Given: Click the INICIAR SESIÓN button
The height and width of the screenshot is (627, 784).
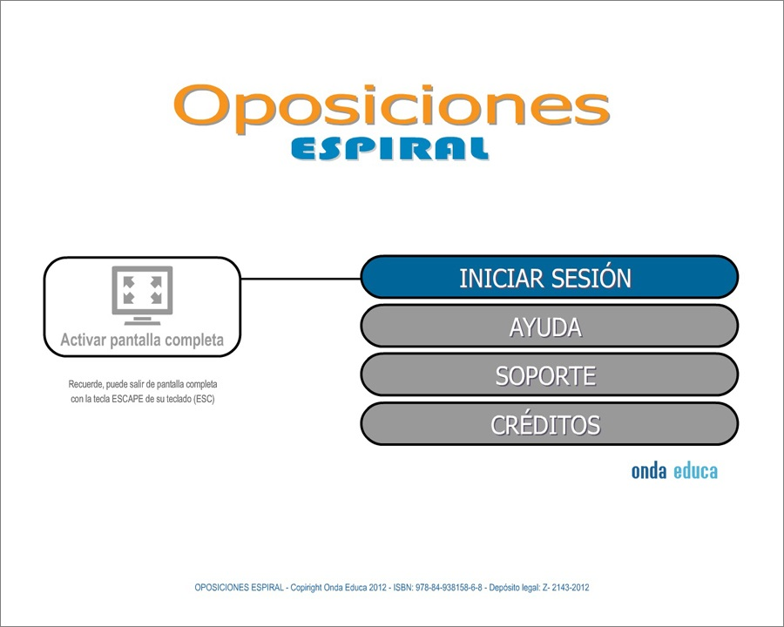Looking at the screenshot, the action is [x=549, y=277].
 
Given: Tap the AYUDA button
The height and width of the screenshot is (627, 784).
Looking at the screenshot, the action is [x=549, y=326].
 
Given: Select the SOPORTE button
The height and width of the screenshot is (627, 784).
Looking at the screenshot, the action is [x=549, y=375].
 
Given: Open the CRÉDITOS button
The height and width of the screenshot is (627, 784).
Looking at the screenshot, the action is [x=549, y=424].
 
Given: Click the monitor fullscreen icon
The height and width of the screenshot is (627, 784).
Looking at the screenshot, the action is [x=142, y=295].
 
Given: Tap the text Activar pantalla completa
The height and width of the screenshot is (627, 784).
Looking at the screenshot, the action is [x=142, y=340].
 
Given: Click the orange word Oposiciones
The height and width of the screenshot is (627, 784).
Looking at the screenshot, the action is [x=391, y=109].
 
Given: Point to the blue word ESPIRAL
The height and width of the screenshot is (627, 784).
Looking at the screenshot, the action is [x=390, y=149].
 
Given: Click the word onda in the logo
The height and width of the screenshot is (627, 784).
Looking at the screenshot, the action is [x=648, y=471].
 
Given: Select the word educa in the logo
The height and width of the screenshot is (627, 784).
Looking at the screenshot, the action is [x=695, y=471].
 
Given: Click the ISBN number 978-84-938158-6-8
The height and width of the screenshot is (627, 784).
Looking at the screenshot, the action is [x=449, y=588].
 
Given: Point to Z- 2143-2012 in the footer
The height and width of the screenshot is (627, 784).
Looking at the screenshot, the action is [x=565, y=588].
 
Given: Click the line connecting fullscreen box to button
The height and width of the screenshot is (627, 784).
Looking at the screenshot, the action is [x=301, y=279].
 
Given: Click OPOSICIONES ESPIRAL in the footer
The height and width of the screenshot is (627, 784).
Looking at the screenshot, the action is [x=239, y=588].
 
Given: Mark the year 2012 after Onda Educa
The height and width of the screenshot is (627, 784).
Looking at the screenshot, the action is [x=377, y=588].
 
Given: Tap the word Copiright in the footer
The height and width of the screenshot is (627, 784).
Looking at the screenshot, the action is [x=306, y=588].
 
